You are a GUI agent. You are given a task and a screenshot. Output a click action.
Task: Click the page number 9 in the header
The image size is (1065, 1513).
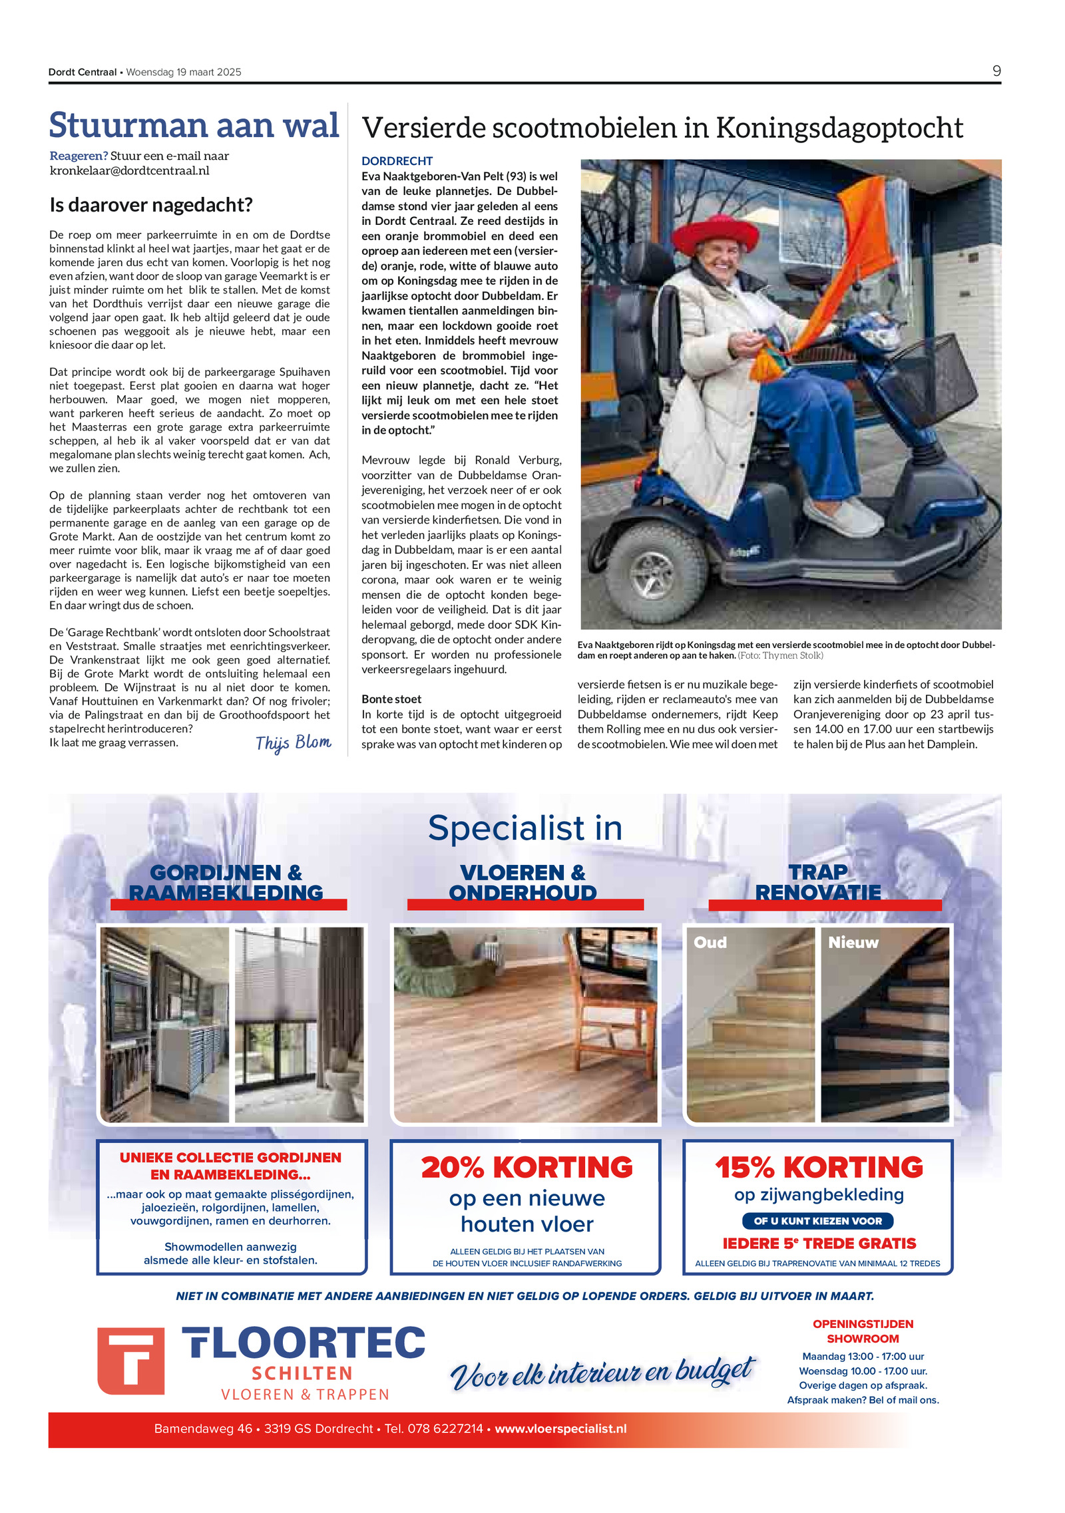click(996, 71)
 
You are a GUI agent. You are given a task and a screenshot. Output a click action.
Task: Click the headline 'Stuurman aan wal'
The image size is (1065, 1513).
click(194, 125)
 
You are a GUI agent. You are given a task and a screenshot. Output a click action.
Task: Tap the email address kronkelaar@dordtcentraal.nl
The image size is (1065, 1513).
click(130, 170)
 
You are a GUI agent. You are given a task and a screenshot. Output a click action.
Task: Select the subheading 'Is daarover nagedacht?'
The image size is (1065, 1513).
click(151, 205)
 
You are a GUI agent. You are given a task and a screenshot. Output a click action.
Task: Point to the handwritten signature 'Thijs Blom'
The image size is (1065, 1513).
click(293, 743)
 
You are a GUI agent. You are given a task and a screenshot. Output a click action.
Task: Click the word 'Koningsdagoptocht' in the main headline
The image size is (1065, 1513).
click(839, 128)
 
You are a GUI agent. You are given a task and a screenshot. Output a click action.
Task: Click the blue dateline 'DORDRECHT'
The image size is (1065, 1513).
click(397, 161)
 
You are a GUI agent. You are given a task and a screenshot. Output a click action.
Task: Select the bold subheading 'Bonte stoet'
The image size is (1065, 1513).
click(391, 699)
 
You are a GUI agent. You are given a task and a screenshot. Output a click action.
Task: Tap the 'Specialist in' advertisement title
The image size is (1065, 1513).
click(525, 828)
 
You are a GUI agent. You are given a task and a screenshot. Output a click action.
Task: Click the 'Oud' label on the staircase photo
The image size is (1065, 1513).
click(710, 942)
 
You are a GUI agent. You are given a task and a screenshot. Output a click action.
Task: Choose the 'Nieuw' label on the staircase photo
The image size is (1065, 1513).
click(853, 942)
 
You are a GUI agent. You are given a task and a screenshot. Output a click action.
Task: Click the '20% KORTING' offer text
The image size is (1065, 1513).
click(527, 1168)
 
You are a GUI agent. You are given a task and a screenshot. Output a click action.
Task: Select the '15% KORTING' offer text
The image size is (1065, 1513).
click(819, 1168)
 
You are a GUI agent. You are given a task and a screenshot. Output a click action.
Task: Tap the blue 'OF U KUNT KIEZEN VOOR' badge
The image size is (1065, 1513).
click(817, 1221)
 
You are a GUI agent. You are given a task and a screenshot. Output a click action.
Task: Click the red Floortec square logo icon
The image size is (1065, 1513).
click(131, 1361)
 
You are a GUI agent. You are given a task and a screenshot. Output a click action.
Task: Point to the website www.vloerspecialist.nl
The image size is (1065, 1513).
click(560, 1429)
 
